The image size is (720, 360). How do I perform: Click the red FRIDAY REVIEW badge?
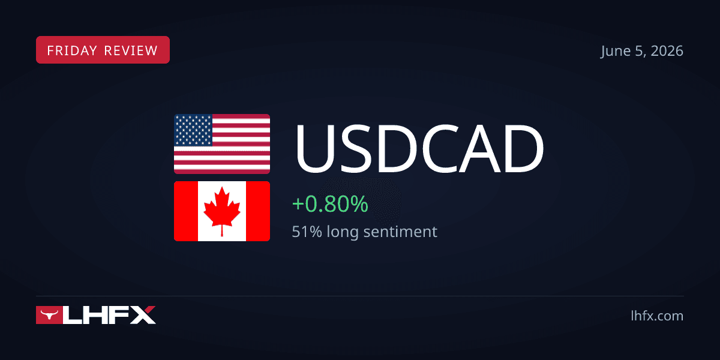(103, 50)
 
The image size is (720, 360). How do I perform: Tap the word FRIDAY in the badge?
(72, 50)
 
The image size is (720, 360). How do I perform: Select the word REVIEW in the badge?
(131, 50)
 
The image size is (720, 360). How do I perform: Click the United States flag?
(222, 144)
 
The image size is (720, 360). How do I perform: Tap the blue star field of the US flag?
(193, 130)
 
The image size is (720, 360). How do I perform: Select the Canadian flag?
(222, 211)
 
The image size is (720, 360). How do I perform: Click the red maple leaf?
(222, 211)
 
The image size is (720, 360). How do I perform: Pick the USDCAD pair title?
(419, 148)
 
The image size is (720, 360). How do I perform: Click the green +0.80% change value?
(330, 204)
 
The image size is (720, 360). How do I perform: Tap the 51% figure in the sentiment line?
(307, 232)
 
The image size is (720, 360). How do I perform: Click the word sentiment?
(400, 232)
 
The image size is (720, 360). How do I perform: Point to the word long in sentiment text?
(343, 232)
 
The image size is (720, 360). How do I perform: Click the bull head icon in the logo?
(49, 314)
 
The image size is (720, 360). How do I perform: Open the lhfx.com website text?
(657, 316)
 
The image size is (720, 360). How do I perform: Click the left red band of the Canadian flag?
(186, 211)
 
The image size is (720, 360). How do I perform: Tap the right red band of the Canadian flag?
(258, 211)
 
